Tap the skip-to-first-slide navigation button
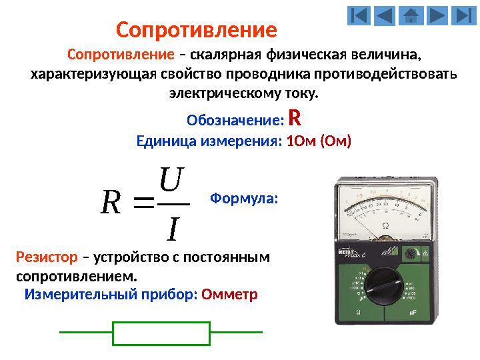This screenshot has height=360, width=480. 359,15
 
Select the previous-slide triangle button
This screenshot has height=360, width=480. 385,15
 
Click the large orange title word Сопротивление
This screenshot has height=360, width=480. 196,30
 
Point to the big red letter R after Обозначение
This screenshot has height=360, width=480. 295,119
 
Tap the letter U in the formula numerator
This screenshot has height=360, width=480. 171,179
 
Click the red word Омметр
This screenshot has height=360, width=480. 229,294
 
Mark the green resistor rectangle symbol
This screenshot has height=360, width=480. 162,333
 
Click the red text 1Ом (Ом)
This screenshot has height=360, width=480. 318,141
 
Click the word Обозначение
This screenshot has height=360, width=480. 235,121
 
